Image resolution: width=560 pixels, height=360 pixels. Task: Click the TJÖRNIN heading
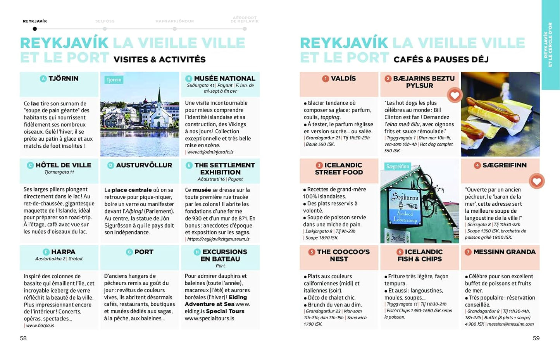point(63,79)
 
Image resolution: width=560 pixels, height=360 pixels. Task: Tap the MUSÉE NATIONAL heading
point(224,79)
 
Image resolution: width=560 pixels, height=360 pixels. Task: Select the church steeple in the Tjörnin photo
point(159,97)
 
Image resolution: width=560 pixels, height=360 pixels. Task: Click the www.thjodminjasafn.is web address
point(210,152)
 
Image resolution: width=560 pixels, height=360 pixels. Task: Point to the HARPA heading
point(63,252)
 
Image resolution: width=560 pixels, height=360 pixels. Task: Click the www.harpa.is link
point(40,326)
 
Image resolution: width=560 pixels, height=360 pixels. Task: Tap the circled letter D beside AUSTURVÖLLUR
point(110,165)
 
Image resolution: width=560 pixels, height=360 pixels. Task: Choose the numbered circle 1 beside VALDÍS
point(326,79)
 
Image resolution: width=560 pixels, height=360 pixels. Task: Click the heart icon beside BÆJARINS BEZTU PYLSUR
point(455,95)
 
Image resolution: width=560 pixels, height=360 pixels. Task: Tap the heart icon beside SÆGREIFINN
point(537,181)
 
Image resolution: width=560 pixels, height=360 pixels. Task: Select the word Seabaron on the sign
point(405,197)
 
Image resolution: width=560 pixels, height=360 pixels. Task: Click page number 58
point(23,338)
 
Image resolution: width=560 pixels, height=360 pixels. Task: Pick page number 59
point(536,338)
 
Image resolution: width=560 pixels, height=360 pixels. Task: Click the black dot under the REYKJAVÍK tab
point(35,29)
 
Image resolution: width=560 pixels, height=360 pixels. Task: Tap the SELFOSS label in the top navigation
point(105,21)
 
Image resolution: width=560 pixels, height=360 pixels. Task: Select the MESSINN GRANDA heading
point(504,252)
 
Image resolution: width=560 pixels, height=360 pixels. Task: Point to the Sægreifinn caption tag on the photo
point(398,167)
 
